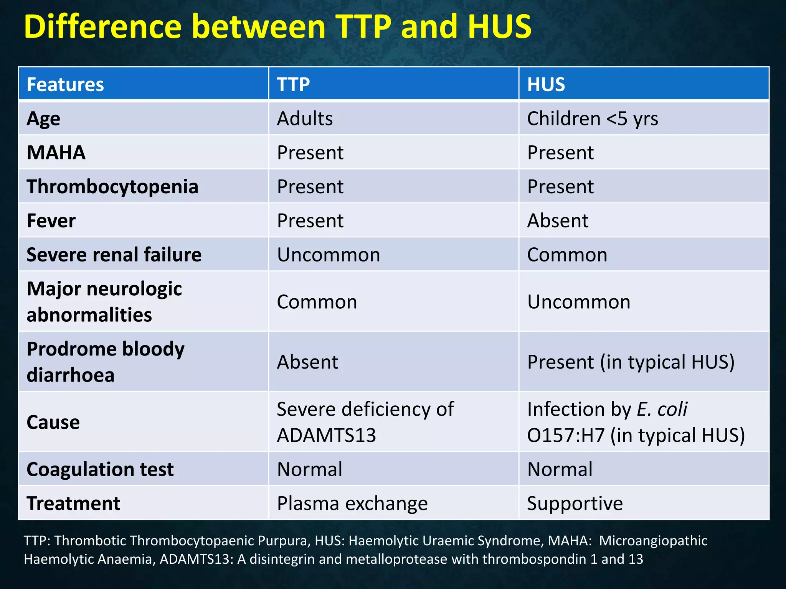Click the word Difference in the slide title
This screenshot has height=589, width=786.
tap(102, 26)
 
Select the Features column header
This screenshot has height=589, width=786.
tap(65, 84)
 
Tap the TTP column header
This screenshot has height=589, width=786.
tap(293, 84)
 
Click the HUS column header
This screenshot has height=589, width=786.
tap(546, 84)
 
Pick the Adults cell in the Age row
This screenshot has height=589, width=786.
tap(305, 118)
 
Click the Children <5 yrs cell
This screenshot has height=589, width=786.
tap(592, 118)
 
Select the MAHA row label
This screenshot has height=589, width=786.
tap(56, 153)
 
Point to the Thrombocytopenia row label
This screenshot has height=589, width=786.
tap(112, 187)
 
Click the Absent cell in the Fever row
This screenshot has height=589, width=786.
tap(558, 221)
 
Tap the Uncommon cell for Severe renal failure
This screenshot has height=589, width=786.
tap(329, 255)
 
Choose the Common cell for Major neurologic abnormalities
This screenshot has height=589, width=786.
tap(317, 302)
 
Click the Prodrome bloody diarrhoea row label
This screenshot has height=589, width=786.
tap(106, 362)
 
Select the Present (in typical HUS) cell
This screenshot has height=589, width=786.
tap(631, 362)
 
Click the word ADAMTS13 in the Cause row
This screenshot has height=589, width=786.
tap(326, 435)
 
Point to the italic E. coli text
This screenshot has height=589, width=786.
tap(662, 409)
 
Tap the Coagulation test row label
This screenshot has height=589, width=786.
tap(100, 469)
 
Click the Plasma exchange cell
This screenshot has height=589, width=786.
tap(352, 503)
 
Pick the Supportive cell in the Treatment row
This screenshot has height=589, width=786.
tap(575, 503)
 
